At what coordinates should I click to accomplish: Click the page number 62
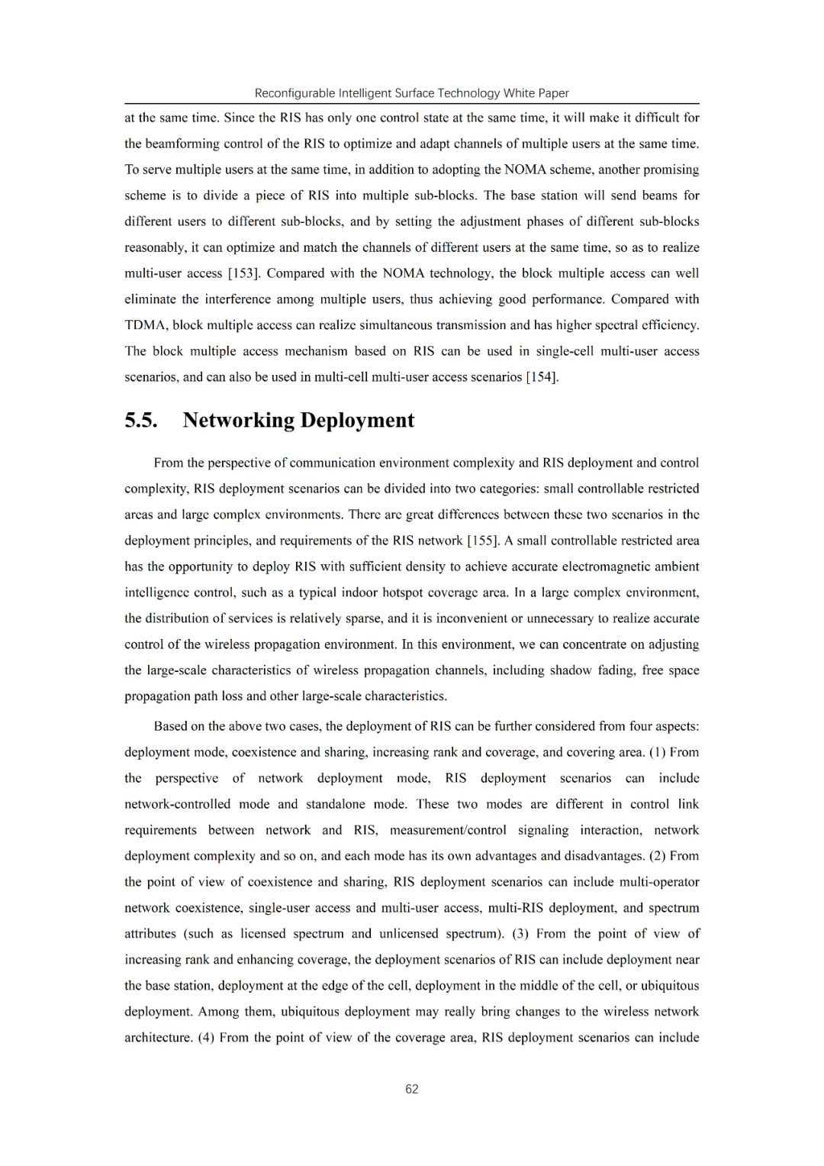pos(412,1089)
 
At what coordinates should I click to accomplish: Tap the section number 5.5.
pos(141,421)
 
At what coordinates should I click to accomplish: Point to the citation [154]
pos(542,377)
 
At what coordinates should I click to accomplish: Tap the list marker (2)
pos(657,856)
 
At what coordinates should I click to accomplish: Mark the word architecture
pos(158,1038)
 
